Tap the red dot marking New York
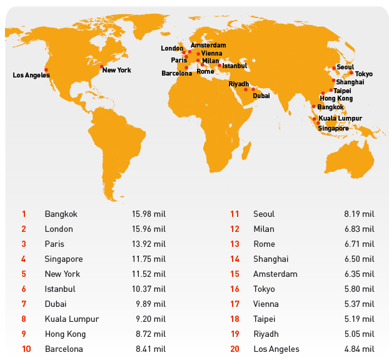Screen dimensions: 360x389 (x=101, y=66)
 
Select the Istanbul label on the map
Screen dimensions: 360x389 (x=235, y=66)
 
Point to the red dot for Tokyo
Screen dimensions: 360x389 (x=351, y=72)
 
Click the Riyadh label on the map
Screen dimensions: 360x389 (x=239, y=84)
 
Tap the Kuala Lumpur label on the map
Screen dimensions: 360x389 (x=340, y=118)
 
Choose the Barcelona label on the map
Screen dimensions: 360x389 (x=176, y=73)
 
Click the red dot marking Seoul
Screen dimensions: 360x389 (x=334, y=67)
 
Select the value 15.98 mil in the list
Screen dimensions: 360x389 (x=149, y=214)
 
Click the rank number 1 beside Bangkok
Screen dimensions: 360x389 (x=24, y=214)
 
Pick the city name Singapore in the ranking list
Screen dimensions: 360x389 (x=63, y=259)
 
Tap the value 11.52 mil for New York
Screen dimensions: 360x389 (x=149, y=274)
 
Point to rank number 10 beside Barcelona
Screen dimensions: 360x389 (x=26, y=349)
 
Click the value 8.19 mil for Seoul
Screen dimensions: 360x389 (x=359, y=214)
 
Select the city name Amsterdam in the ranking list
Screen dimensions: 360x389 (x=275, y=274)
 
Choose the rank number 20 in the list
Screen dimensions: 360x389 (x=235, y=349)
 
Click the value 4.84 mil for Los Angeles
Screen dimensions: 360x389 (x=359, y=349)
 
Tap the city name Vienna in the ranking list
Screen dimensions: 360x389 (x=266, y=304)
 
